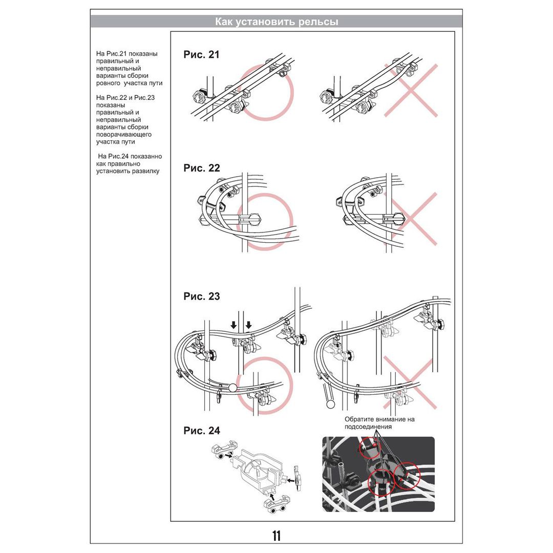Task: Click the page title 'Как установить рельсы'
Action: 276,22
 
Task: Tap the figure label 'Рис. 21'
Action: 201,55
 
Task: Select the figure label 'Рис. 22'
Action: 201,168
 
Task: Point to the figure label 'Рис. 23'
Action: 201,296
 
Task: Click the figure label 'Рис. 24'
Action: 201,431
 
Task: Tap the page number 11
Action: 276,536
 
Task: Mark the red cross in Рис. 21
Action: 411,91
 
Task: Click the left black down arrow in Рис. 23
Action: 233,325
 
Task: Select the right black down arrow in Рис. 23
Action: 249,325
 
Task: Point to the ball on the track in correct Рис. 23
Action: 233,388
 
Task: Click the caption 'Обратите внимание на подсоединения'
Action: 379,423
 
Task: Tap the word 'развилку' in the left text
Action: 146,171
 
